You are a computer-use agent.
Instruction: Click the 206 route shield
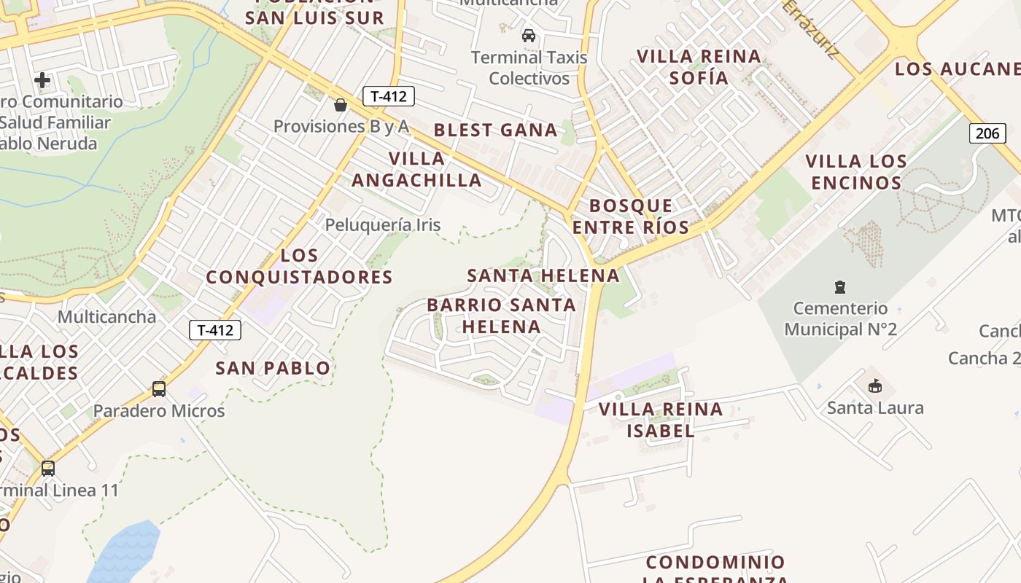pyautogui.click(x=987, y=133)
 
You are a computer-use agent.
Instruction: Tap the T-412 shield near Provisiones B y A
pyautogui.click(x=388, y=95)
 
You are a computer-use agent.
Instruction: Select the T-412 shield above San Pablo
pyautogui.click(x=215, y=330)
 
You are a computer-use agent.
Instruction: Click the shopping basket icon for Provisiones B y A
pyautogui.click(x=340, y=105)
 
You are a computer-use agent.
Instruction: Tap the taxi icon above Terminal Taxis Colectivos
pyautogui.click(x=529, y=35)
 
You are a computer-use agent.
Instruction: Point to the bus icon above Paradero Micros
pyautogui.click(x=159, y=389)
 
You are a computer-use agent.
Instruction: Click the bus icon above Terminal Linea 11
pyautogui.click(x=48, y=469)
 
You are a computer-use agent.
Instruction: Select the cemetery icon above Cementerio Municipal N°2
pyautogui.click(x=840, y=287)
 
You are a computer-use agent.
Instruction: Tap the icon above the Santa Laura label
pyautogui.click(x=875, y=386)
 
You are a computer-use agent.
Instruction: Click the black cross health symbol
pyautogui.click(x=42, y=79)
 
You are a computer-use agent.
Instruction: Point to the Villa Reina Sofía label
pyautogui.click(x=699, y=67)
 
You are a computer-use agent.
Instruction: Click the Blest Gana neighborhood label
pyautogui.click(x=495, y=130)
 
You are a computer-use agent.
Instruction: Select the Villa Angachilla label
pyautogui.click(x=416, y=169)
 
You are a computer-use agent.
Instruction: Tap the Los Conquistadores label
pyautogui.click(x=299, y=266)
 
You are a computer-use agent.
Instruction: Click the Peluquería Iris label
pyautogui.click(x=382, y=224)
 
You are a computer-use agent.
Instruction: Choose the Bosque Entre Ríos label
pyautogui.click(x=631, y=216)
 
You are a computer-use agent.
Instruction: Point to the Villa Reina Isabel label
pyautogui.click(x=661, y=420)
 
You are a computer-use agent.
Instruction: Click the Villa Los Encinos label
pyautogui.click(x=856, y=172)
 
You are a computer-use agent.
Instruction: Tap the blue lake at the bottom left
pyautogui.click(x=125, y=552)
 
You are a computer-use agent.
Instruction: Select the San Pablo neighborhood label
pyautogui.click(x=273, y=368)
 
